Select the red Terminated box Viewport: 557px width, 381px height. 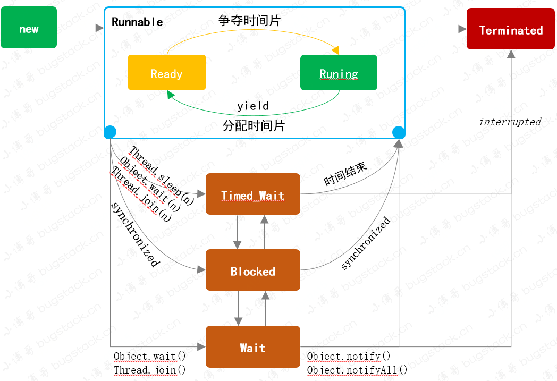point(511,30)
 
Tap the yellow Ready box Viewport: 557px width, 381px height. point(166,73)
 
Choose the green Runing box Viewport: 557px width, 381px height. point(339,73)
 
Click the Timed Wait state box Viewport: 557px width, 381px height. point(253,194)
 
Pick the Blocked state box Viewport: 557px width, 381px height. point(253,270)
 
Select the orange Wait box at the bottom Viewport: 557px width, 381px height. point(253,348)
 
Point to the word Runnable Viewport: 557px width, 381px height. point(137,22)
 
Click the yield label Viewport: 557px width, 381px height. point(253,106)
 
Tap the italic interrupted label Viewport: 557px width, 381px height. point(510,122)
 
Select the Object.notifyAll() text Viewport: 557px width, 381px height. point(357,370)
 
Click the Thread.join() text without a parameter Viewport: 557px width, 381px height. point(150,370)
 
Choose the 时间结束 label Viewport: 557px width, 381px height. point(345,174)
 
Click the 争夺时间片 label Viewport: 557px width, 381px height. point(249,21)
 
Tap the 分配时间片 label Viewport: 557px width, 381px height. point(254,126)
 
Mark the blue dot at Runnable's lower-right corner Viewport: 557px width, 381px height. point(398,132)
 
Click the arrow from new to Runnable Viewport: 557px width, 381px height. point(80,28)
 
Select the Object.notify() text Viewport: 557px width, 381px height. point(349,357)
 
